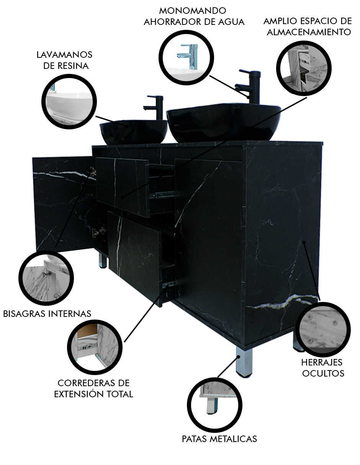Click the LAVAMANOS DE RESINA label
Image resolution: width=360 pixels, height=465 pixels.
click(64, 60)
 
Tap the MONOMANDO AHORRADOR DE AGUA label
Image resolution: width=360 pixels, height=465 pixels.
click(194, 16)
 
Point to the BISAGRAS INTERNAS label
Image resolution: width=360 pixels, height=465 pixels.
click(47, 314)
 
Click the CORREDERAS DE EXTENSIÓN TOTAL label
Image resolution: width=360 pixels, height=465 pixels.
click(93, 388)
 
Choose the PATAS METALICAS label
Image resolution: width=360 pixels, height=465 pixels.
click(219, 439)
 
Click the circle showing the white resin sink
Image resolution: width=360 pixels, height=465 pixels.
click(69, 99)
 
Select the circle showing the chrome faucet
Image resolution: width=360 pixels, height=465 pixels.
click(186, 57)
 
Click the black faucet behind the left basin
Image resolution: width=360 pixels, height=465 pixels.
click(155, 107)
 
